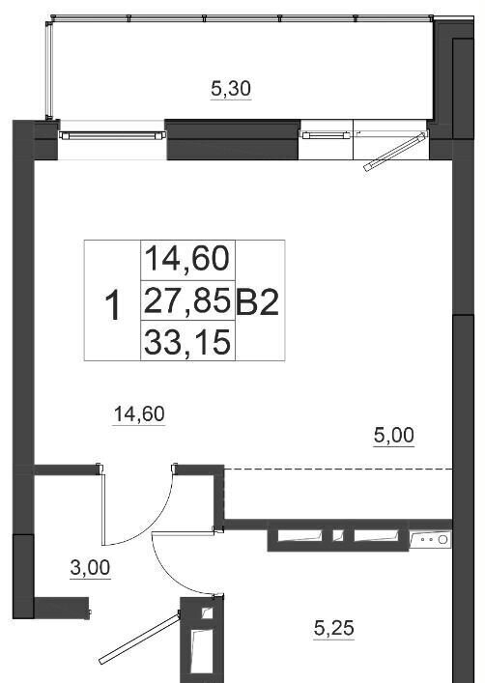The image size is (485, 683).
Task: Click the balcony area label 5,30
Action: point(231,89)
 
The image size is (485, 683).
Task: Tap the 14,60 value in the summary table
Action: point(186,259)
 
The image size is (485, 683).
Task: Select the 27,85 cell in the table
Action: point(186,300)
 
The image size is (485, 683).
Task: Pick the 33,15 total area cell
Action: point(186,342)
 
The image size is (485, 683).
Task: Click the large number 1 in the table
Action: point(113,306)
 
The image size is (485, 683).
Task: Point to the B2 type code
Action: point(257,301)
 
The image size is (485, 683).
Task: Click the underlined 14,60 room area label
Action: point(139,413)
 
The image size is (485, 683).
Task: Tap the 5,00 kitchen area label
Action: point(394,435)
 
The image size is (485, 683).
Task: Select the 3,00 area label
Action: point(90,568)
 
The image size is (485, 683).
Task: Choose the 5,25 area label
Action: point(333,628)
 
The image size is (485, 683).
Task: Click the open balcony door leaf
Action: point(395,153)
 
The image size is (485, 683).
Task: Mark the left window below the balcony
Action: point(112,136)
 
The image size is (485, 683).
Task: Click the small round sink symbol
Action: point(442,540)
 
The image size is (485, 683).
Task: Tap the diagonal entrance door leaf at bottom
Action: point(139,639)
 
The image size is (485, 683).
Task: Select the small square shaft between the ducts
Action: point(338,535)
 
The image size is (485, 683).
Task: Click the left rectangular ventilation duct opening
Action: point(300,535)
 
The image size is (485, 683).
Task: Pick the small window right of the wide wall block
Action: point(327,135)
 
